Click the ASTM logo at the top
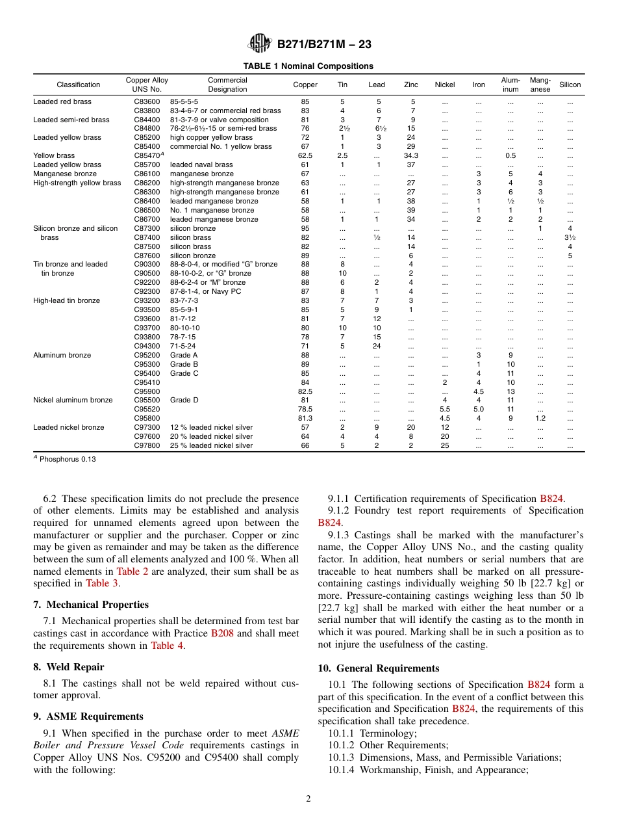260,44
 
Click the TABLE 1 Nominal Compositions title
308,66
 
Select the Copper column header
305,85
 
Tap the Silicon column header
570,85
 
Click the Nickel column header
444,85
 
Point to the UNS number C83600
147,101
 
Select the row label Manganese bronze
65,174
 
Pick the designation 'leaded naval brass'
201,164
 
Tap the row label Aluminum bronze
62,355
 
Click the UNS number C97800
147,445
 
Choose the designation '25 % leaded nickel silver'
211,445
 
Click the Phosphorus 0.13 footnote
64,459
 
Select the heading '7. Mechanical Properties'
91,605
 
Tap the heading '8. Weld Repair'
68,667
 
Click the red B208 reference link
222,633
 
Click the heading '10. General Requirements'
378,668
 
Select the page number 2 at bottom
308,799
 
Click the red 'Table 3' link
101,583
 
